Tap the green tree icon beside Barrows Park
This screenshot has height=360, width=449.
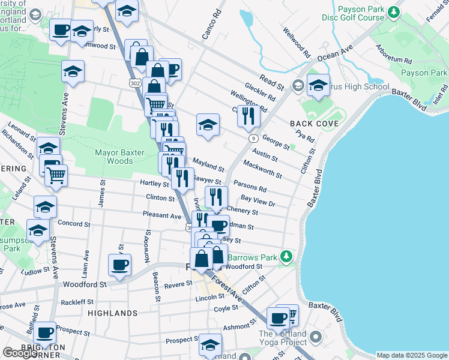(288, 257)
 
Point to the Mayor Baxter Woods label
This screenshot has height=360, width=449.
(120, 157)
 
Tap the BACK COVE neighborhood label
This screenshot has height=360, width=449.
(315, 124)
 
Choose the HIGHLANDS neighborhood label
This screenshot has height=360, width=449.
(112, 313)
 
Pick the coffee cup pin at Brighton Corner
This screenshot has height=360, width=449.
(45, 331)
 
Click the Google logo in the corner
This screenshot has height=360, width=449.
(20, 353)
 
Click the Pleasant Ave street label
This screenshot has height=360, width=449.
(162, 215)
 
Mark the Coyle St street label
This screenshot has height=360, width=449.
(226, 308)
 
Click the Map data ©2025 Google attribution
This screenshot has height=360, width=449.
(412, 355)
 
